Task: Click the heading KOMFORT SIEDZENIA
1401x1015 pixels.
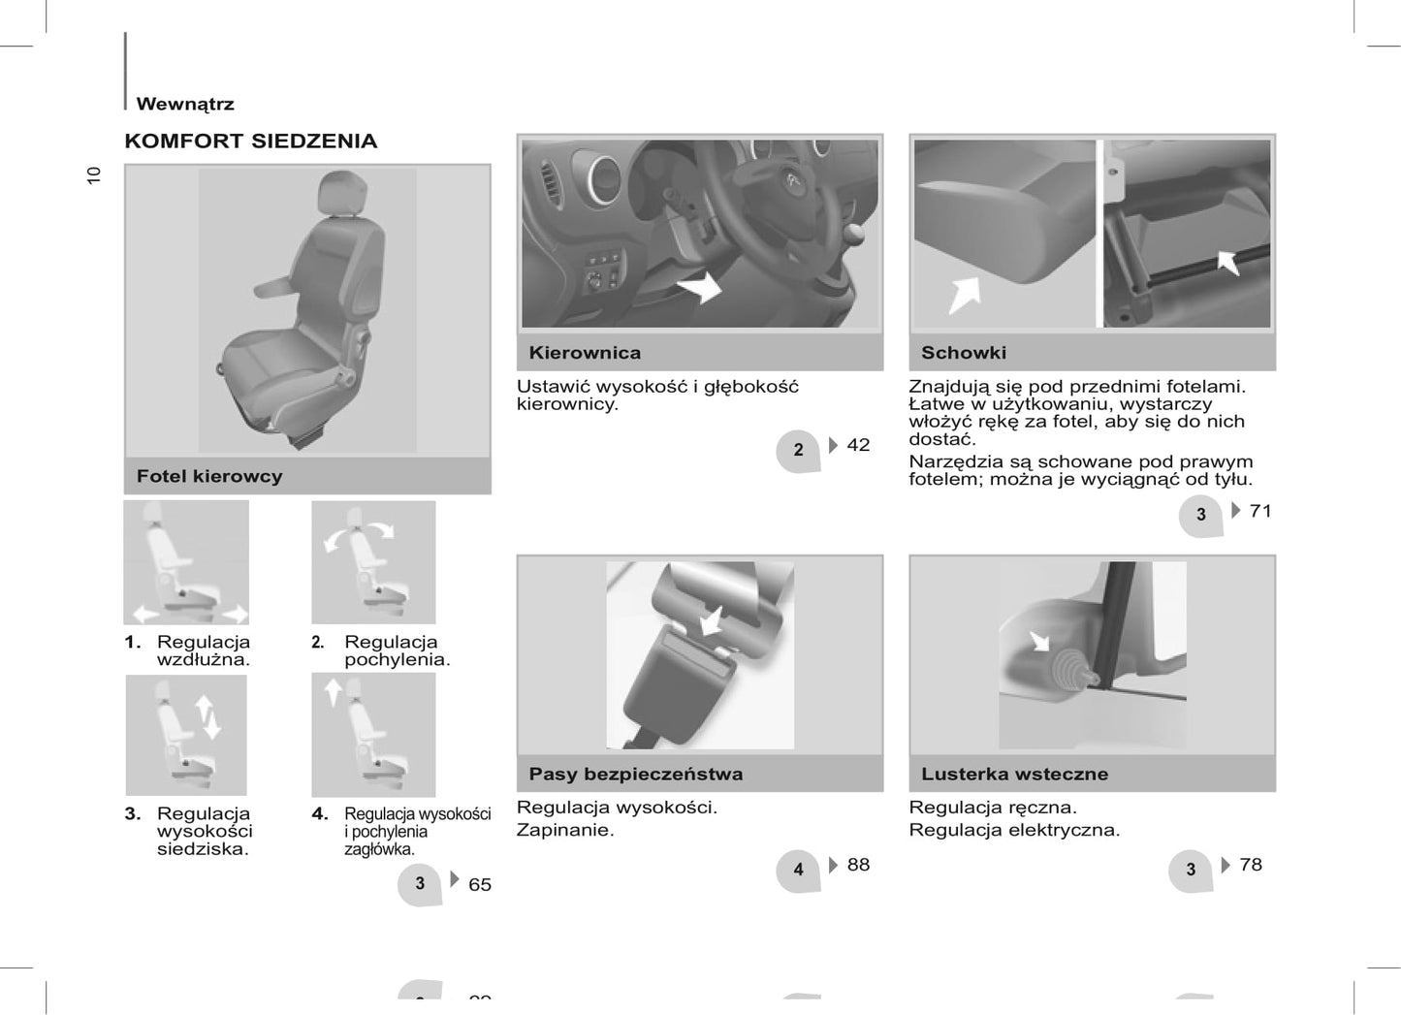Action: (x=251, y=141)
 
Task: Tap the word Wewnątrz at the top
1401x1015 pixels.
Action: (x=185, y=104)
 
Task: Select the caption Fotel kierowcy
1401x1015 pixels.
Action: (x=209, y=476)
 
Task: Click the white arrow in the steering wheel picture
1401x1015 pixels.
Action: (x=700, y=288)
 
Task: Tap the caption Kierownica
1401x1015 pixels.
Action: (x=585, y=353)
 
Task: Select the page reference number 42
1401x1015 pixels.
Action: (x=858, y=445)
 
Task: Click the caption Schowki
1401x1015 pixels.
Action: (x=964, y=353)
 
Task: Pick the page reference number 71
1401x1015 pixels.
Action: (x=1260, y=511)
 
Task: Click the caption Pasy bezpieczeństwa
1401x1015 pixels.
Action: (x=635, y=774)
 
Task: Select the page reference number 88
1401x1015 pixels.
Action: (x=858, y=865)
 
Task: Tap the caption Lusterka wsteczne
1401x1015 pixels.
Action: (x=1014, y=774)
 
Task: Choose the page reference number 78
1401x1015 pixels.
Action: (x=1251, y=865)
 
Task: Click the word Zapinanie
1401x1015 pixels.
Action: (x=565, y=830)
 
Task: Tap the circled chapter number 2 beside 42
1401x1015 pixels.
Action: (x=798, y=450)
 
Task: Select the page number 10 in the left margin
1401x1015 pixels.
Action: (x=93, y=175)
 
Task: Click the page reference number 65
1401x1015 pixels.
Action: (x=480, y=884)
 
